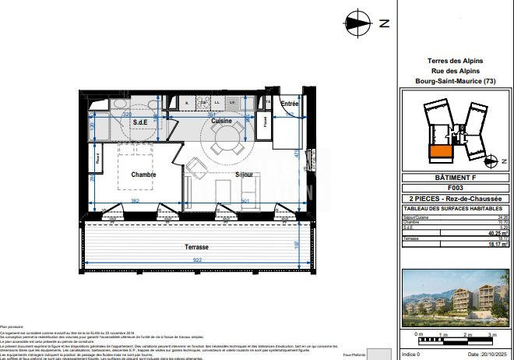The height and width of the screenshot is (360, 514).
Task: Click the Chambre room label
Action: [x=143, y=175]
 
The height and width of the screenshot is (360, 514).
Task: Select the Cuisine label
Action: [x=221, y=122]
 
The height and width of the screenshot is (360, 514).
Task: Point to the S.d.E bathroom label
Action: [x=141, y=122]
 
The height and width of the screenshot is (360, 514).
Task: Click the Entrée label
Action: [x=290, y=104]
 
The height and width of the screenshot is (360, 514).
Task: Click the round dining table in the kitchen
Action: [x=225, y=140]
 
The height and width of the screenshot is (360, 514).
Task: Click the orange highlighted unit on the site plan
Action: [x=440, y=151]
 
